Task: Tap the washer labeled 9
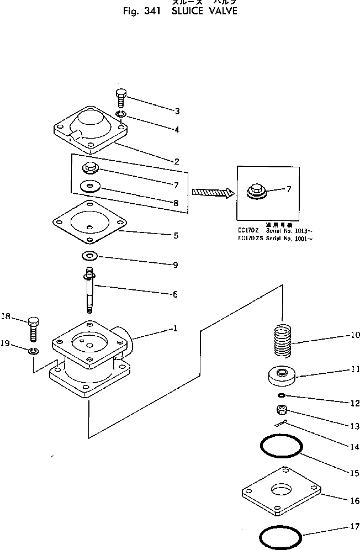click(x=88, y=256)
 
